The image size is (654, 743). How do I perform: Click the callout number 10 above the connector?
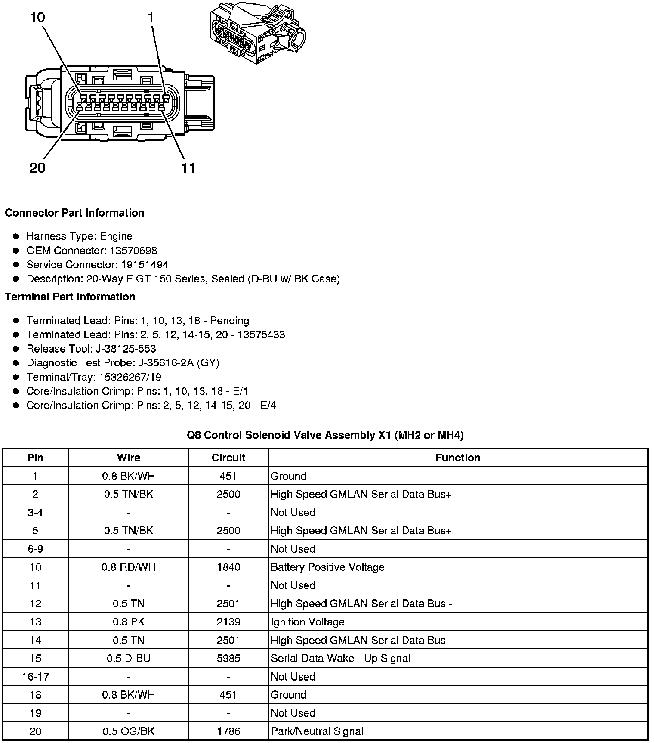coord(37,18)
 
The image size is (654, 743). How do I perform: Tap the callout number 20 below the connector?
coord(37,167)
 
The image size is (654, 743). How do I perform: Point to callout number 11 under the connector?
coord(188,167)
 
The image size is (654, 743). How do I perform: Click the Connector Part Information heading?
coord(74,213)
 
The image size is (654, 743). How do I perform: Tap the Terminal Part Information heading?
coord(70,297)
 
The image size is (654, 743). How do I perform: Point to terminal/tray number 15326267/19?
coord(130,377)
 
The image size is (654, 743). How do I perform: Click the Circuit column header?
coord(228,458)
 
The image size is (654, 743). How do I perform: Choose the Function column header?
coord(458,458)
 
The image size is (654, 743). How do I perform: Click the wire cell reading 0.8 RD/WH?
coord(129,567)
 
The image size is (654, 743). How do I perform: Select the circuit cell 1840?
coord(228,567)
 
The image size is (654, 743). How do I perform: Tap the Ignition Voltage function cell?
coord(308,622)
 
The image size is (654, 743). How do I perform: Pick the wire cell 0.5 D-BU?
coord(129,658)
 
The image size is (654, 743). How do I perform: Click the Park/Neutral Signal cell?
coord(317,731)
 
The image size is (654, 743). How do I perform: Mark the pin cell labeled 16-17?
coord(35,676)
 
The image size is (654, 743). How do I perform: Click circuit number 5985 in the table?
coord(228,658)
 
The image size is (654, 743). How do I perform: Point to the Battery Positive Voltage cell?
coord(327,567)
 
